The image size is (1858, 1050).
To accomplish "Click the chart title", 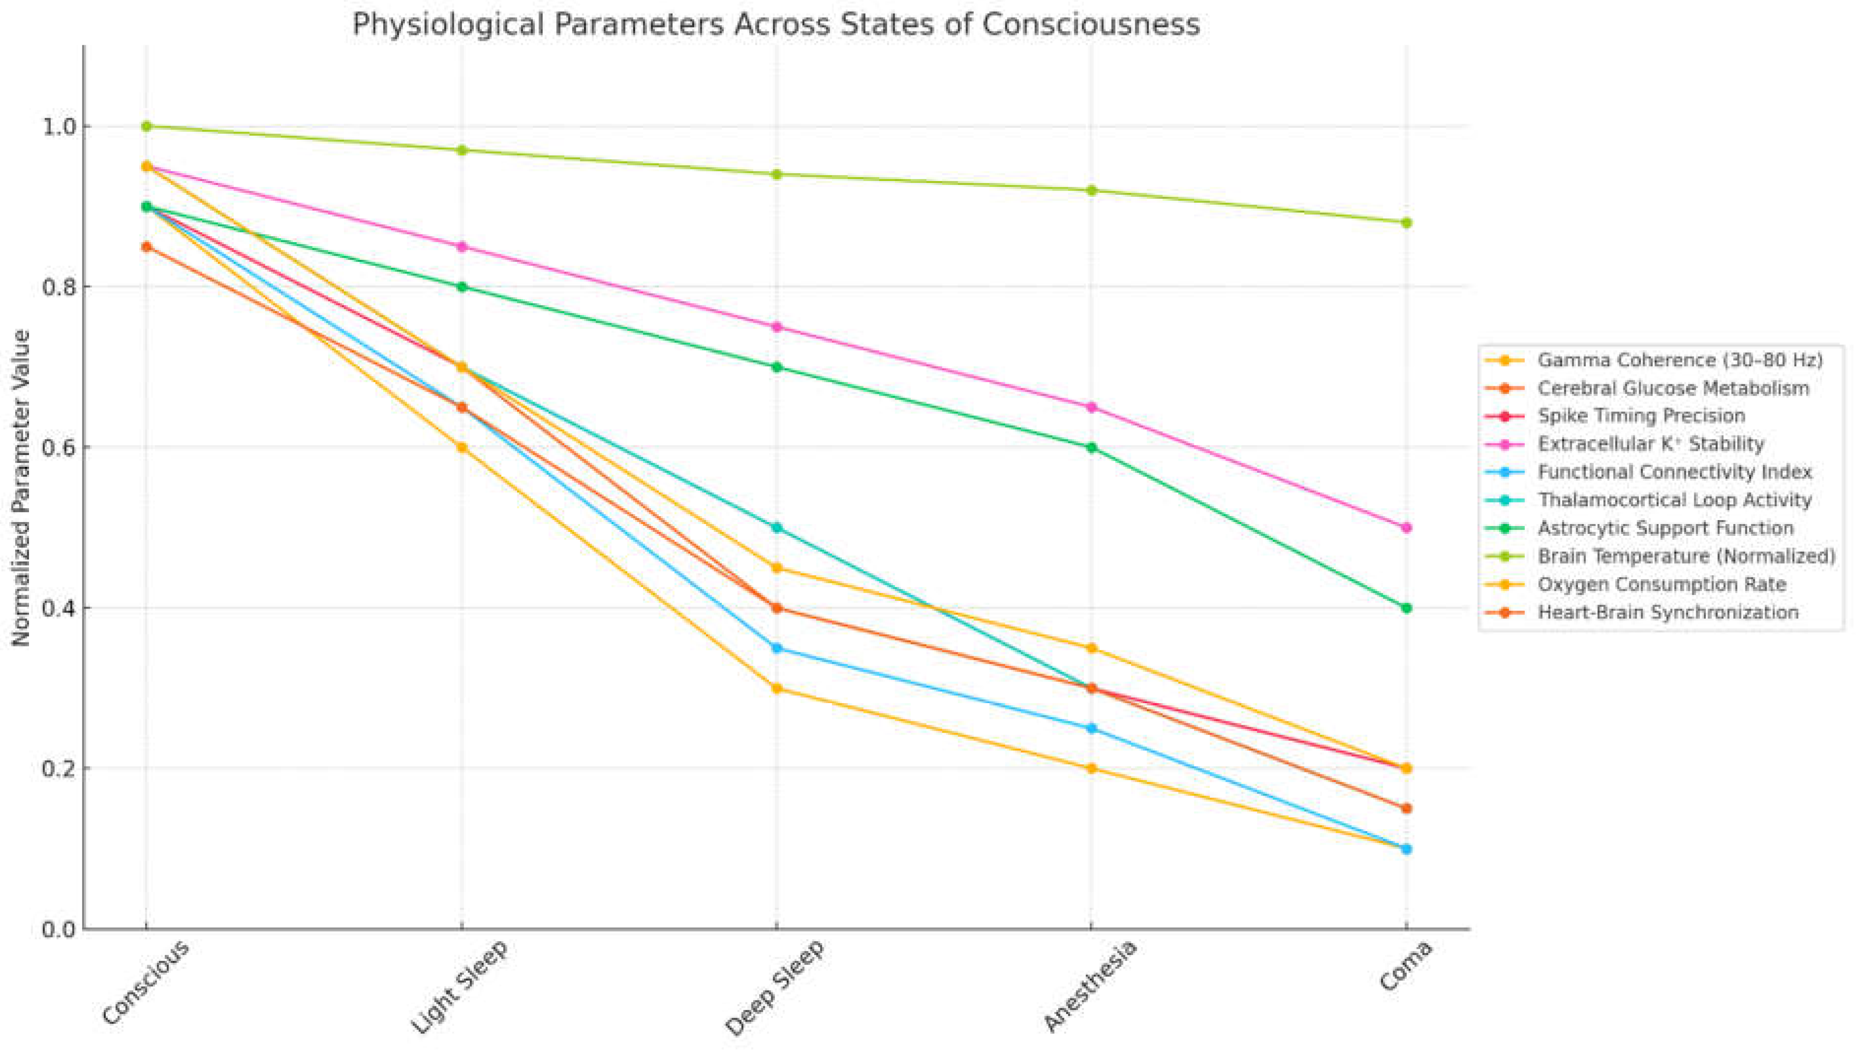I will (776, 25).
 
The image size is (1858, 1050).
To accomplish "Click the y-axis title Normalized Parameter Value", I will (22, 488).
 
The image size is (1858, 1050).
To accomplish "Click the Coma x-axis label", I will (1404, 966).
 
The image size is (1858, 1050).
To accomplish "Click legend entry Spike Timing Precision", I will (1641, 416).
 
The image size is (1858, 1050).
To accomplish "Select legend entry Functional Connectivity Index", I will (1674, 472).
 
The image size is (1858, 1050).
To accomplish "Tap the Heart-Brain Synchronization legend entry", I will (1668, 612).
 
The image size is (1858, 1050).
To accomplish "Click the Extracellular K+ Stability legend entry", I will (1650, 444).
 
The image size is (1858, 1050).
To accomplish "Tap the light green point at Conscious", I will (147, 126).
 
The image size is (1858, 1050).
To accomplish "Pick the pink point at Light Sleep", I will (462, 247).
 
